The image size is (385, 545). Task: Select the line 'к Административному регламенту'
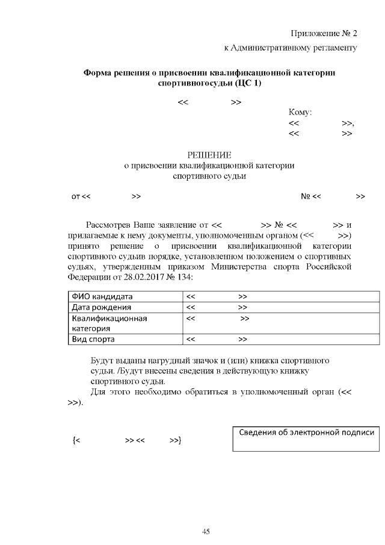pyautogui.click(x=291, y=48)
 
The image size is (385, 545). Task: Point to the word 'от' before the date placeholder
pyautogui.click(x=75, y=196)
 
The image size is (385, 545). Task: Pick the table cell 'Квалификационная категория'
pyautogui.click(x=109, y=323)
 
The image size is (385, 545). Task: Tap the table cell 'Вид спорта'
pyautogui.click(x=94, y=340)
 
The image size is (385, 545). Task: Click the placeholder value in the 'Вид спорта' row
pyautogui.click(x=217, y=340)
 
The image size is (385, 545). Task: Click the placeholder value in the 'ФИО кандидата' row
pyautogui.click(x=217, y=297)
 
